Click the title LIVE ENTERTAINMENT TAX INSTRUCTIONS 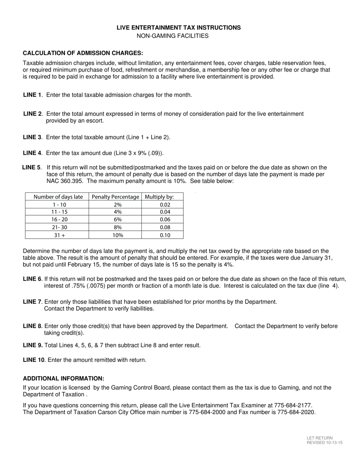pos(178,28)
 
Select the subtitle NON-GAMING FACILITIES pos(172,36)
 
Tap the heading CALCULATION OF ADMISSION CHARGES pos(83,53)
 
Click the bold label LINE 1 pos(32,95)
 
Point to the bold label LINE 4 pos(32,153)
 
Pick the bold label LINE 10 pos(34,360)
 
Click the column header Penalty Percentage pos(115,197)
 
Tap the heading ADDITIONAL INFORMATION pos(63,378)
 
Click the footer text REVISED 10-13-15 pos(324,443)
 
